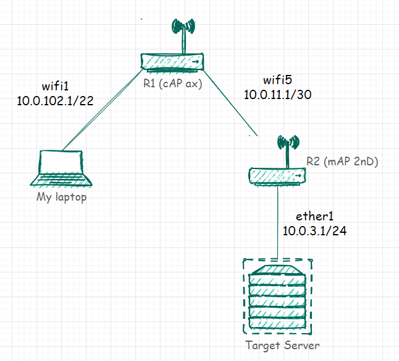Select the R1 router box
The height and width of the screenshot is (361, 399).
click(x=172, y=62)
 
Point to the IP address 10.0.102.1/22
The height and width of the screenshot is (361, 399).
click(x=56, y=100)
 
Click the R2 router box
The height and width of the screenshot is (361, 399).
click(x=278, y=175)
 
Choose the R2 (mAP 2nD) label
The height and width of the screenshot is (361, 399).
click(x=342, y=162)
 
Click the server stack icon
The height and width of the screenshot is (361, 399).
click(x=277, y=295)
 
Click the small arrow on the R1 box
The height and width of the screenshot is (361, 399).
click(x=196, y=62)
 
